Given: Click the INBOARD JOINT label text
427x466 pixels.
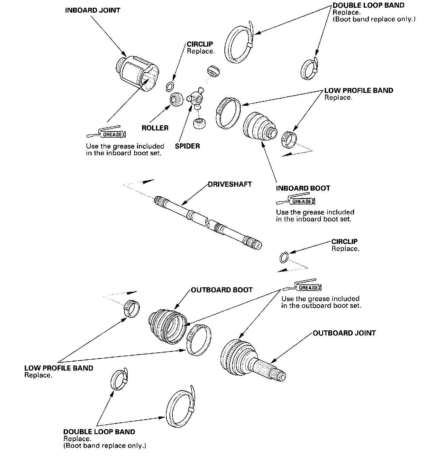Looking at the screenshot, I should [93, 10].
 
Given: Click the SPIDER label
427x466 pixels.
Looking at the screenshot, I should [187, 146].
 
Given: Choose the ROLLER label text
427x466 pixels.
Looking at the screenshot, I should [155, 128].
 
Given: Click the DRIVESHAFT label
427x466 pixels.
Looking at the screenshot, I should [230, 184].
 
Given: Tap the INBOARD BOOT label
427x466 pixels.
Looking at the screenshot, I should [303, 188].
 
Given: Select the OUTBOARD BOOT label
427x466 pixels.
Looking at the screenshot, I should [222, 290].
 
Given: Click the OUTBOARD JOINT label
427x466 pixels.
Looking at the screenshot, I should [344, 333].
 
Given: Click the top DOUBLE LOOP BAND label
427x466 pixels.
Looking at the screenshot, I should [368, 5].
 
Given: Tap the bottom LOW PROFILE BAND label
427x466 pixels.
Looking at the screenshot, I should [59, 368].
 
